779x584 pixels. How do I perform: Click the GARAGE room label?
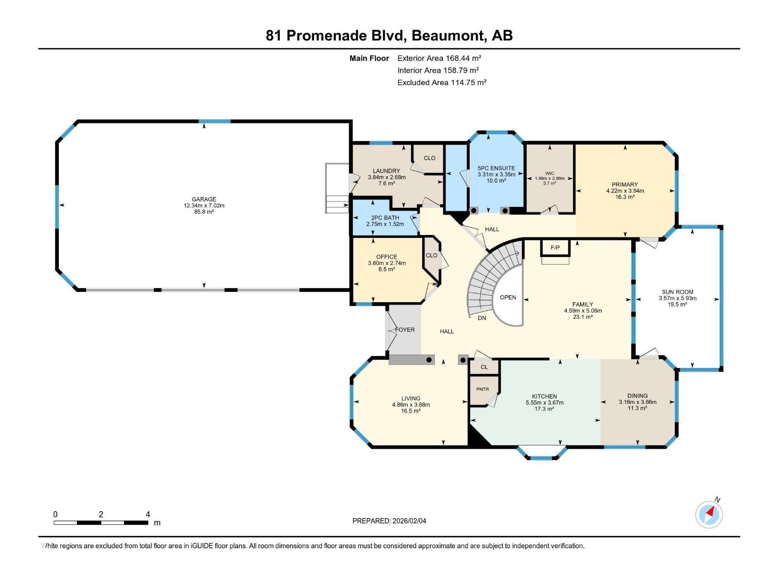[204, 199]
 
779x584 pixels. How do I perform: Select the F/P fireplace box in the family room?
[555, 248]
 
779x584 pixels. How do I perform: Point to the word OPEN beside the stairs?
[508, 297]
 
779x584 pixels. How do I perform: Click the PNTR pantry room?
[482, 389]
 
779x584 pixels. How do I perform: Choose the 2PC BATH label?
[385, 218]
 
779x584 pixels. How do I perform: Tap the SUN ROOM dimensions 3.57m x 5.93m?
[677, 298]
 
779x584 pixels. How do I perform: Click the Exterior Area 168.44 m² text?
[439, 58]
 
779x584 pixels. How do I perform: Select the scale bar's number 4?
[148, 514]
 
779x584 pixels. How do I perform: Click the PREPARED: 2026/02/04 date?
[389, 521]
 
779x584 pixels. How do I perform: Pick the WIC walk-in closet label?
[549, 173]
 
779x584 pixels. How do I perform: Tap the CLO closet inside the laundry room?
[429, 158]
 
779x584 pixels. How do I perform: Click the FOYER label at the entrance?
[405, 329]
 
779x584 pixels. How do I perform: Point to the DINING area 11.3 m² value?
[637, 408]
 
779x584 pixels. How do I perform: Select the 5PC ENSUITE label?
[496, 168]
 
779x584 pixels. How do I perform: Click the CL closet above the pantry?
[484, 367]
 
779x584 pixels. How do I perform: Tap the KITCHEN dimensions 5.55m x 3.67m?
[544, 402]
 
